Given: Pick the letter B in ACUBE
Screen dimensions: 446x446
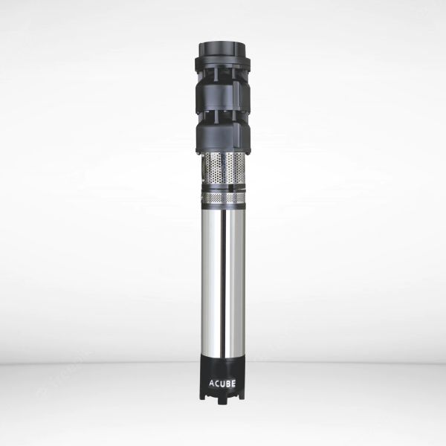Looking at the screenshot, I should pos(230,384).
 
